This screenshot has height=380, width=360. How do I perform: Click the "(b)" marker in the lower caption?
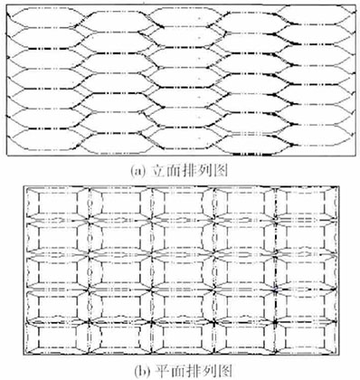[137, 370]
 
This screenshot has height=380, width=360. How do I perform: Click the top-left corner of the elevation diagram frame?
[5, 5]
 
